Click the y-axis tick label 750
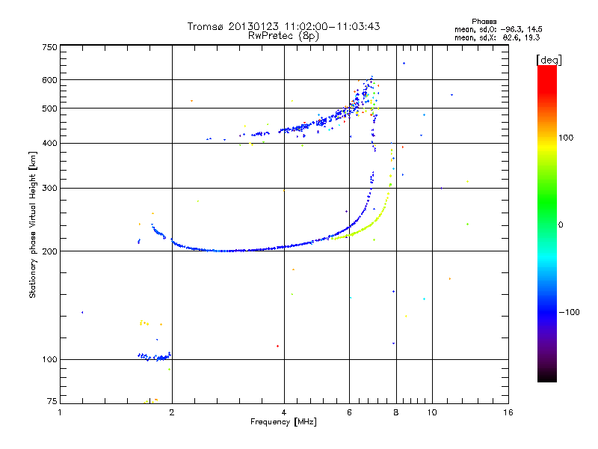coord(49,47)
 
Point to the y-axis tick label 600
coord(49,80)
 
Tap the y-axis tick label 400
coord(49,143)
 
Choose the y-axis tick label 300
coord(49,188)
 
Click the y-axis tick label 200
coord(49,251)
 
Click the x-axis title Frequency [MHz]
coord(283,423)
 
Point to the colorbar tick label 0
coord(560,224)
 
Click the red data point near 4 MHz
coord(277,346)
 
